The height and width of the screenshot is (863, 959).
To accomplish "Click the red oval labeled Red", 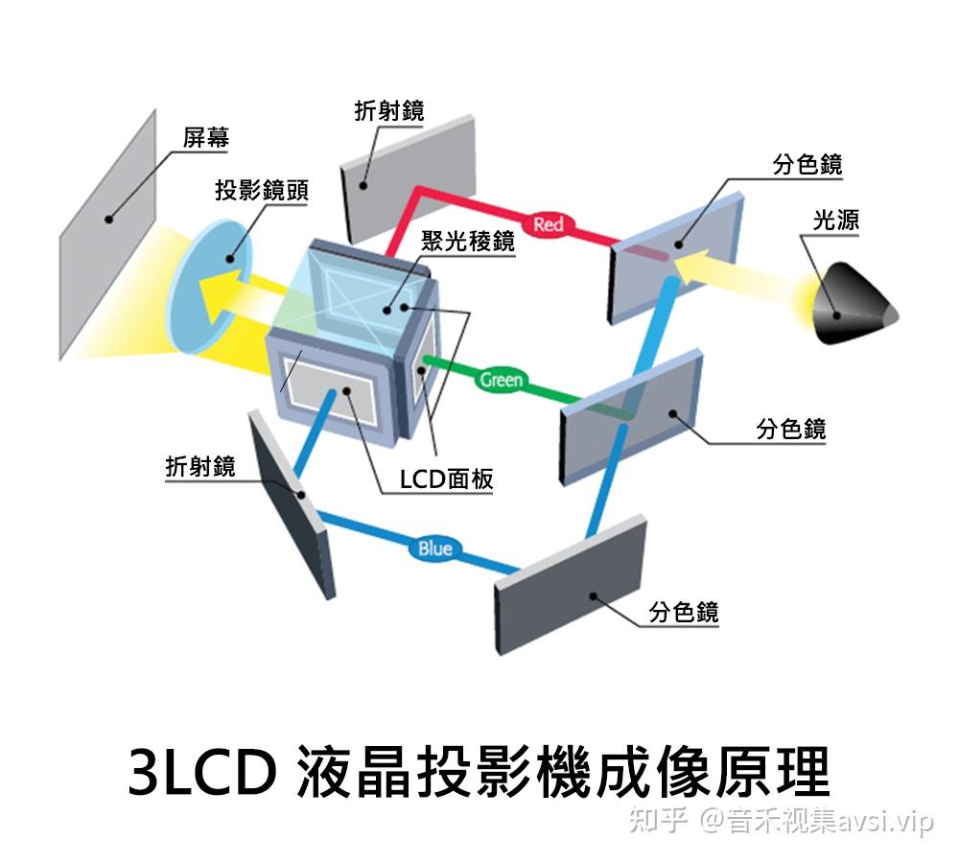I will (x=548, y=224).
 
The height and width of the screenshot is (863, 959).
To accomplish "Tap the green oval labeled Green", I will (x=501, y=380).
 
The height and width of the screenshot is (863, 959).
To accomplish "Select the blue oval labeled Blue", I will (x=434, y=548).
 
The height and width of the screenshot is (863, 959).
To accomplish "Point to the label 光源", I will (x=835, y=221).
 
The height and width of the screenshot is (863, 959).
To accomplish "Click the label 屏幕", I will (x=206, y=139).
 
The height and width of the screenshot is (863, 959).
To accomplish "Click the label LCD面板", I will (x=447, y=478).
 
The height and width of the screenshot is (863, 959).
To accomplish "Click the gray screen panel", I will (x=107, y=235).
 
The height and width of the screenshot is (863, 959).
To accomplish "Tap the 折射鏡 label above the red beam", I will (x=388, y=111).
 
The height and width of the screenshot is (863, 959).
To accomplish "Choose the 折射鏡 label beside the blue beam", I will (x=200, y=466).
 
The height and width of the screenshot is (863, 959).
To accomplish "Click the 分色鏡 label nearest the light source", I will (x=807, y=165).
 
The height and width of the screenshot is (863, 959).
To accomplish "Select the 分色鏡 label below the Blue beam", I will (x=684, y=612).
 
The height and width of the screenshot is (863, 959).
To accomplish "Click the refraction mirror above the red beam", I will (x=408, y=177).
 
